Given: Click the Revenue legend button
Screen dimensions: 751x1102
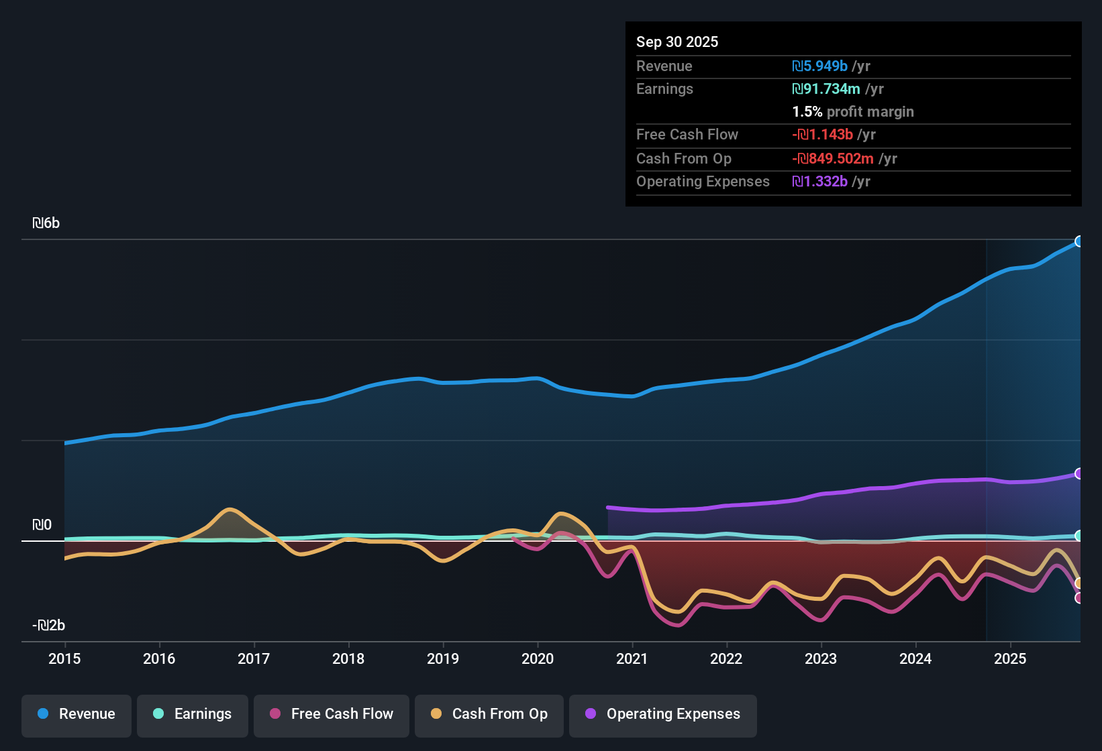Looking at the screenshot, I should [x=77, y=714].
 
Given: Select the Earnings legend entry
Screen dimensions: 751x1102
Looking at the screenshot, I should [x=193, y=714].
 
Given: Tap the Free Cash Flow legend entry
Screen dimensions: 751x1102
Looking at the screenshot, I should [x=332, y=714].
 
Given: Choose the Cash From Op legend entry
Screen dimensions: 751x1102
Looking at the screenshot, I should [x=489, y=714].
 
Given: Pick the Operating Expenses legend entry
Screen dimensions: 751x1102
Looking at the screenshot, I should [x=663, y=714].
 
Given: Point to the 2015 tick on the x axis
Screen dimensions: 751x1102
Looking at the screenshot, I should [x=64, y=658].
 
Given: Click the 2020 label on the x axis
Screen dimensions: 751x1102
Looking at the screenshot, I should [x=538, y=658].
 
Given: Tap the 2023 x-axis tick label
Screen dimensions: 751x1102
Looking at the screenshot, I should [x=821, y=658].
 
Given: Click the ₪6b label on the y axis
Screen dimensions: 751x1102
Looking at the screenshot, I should [x=46, y=223].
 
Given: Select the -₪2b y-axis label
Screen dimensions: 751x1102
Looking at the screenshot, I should [x=49, y=626].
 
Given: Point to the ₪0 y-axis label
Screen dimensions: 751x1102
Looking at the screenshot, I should [x=42, y=525].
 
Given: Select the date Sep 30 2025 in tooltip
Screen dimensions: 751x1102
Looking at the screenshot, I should [x=677, y=42].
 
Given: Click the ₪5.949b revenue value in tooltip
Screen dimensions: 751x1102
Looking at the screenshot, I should [x=820, y=66].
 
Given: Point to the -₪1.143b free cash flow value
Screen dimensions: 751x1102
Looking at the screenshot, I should [x=823, y=135].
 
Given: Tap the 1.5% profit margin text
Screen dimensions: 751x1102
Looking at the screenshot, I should [x=853, y=112].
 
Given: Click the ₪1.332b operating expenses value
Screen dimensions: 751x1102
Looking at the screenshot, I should [x=820, y=182].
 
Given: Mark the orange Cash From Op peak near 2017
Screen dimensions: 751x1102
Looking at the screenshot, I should [x=230, y=510].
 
